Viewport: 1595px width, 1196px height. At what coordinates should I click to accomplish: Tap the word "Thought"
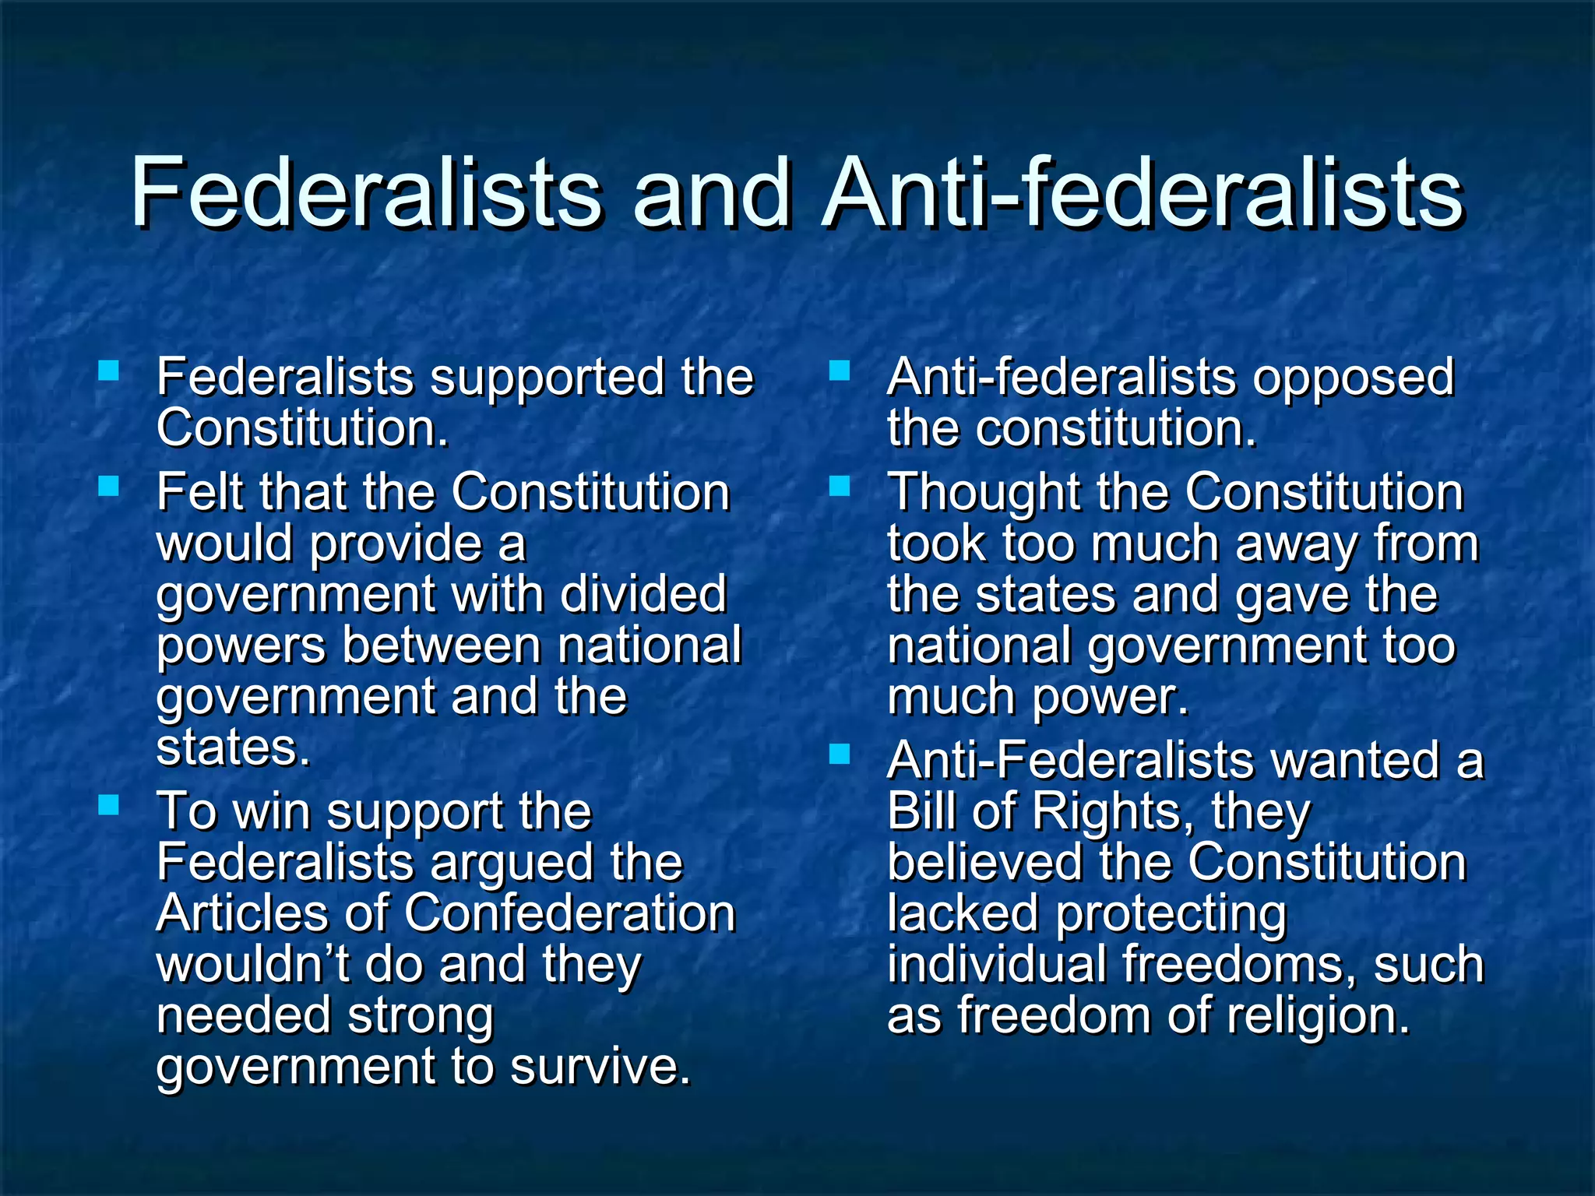(x=984, y=494)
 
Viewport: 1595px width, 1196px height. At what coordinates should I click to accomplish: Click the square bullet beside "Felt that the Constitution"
(x=109, y=487)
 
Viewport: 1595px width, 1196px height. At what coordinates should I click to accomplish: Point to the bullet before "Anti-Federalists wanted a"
(x=840, y=754)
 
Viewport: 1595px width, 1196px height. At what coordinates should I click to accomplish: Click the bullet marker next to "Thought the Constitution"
(x=840, y=487)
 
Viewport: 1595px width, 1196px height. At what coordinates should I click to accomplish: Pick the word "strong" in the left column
(x=420, y=1015)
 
